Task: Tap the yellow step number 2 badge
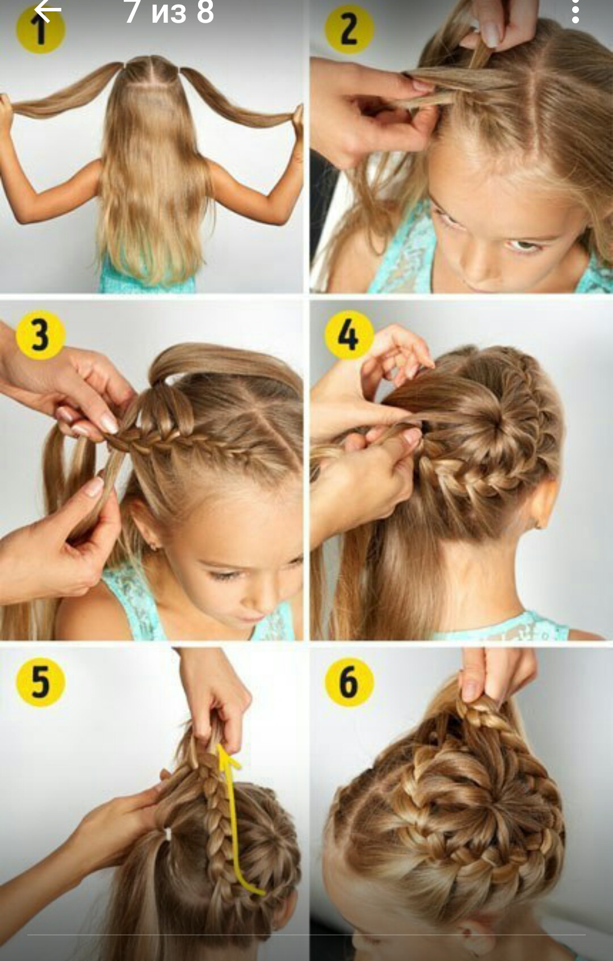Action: pos(349,29)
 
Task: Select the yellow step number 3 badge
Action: pos(40,335)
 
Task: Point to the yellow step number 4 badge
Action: pos(349,335)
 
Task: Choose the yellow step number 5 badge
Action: pos(40,682)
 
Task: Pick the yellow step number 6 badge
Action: pos(349,682)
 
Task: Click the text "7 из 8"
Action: pos(169,11)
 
